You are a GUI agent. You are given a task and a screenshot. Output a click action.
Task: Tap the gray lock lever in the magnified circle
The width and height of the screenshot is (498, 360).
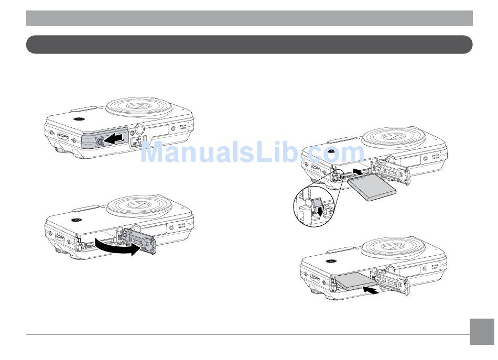click(317, 203)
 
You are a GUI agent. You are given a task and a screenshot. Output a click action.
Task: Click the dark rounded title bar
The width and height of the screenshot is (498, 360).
click(249, 45)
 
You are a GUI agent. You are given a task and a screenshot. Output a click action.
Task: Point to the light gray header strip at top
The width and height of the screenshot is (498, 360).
click(249, 18)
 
